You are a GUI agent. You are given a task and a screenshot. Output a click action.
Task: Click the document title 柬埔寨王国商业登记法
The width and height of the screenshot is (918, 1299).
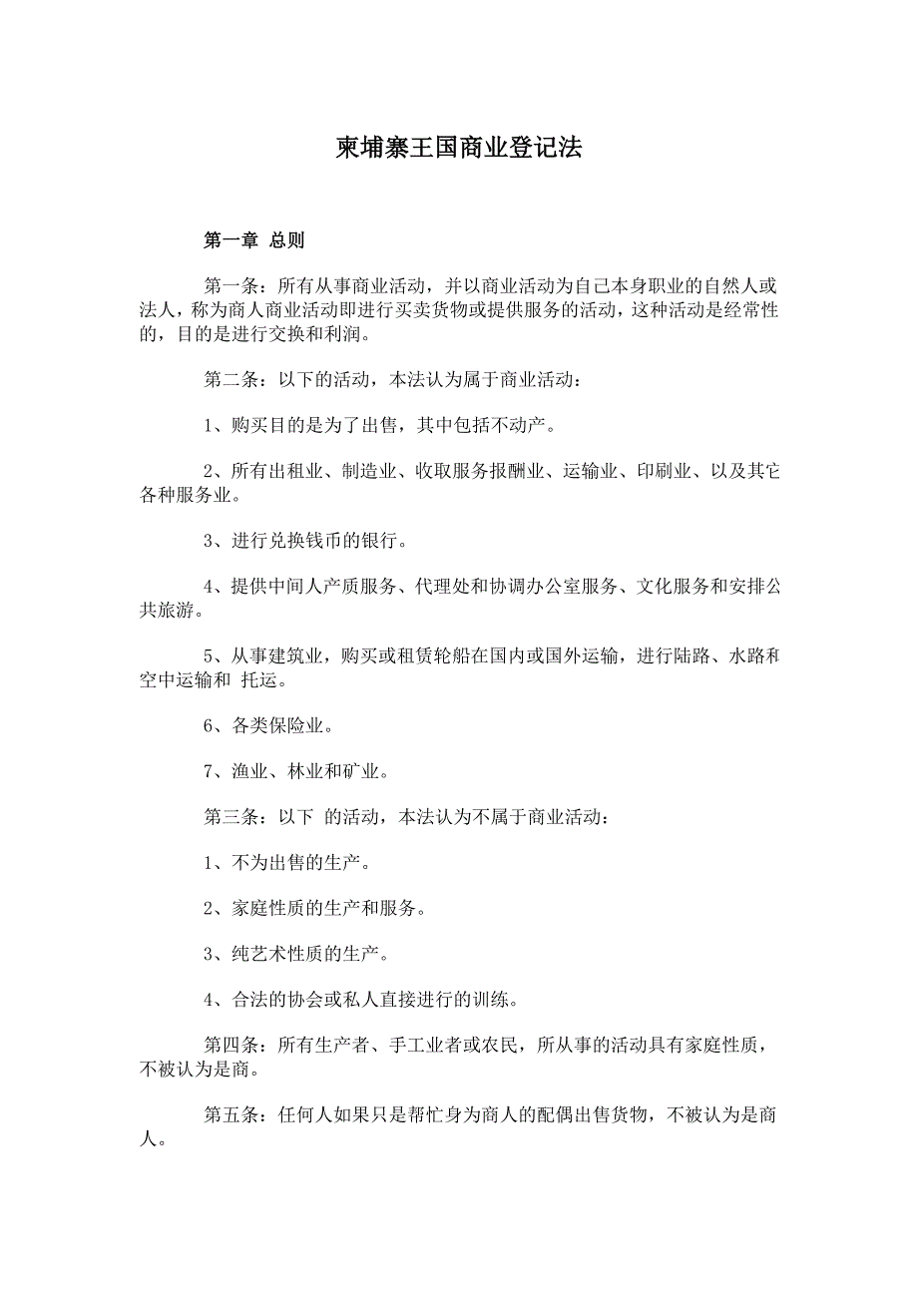tap(458, 149)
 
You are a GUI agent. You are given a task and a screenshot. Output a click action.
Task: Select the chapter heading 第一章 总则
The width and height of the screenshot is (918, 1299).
tap(253, 240)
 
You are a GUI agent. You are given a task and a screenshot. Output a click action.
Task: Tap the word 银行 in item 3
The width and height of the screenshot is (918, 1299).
tap(376, 542)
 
